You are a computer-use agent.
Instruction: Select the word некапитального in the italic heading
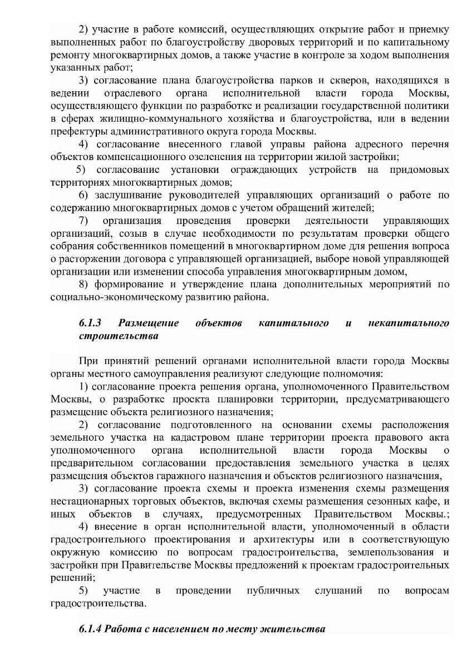point(409,323)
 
